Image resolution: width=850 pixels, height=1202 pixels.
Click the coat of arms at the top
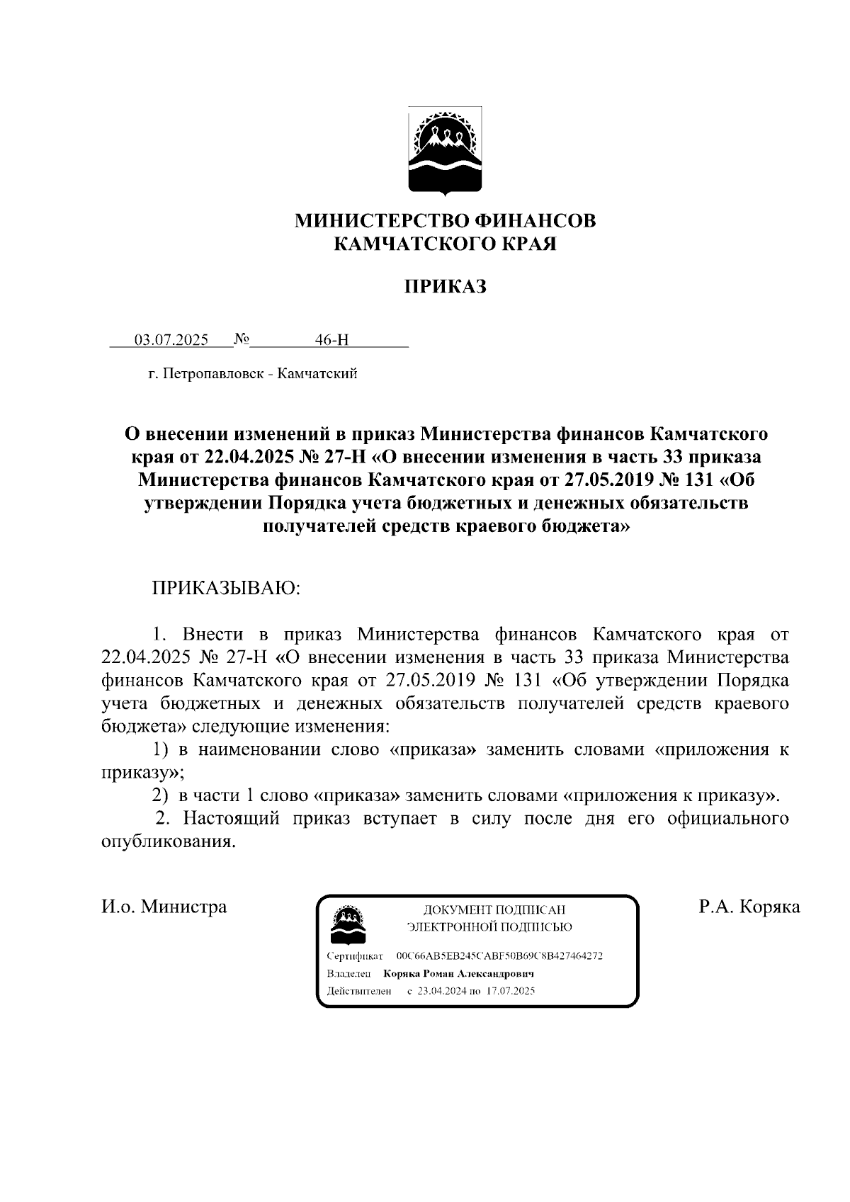click(445, 151)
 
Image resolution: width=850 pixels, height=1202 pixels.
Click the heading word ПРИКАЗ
click(445, 287)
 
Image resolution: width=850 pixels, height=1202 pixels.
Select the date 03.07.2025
click(171, 340)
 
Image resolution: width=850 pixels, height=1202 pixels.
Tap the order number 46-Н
click(332, 340)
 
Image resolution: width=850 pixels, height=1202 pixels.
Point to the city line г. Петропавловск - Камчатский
click(252, 373)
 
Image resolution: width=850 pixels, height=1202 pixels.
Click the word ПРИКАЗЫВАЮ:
click(225, 589)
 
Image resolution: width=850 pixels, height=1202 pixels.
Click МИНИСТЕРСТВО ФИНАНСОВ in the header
click(445, 221)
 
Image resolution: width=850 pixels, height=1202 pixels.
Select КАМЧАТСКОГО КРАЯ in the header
click(445, 244)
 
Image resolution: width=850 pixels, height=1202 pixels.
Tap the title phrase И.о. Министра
click(164, 907)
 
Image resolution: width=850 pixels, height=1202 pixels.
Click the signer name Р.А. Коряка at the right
click(749, 907)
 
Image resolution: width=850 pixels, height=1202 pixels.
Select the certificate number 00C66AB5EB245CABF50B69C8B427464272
click(499, 956)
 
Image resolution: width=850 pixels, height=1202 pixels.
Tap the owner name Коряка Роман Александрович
click(458, 973)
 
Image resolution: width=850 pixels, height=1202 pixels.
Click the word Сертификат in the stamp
click(355, 956)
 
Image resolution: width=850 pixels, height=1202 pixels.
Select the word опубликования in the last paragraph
click(168, 842)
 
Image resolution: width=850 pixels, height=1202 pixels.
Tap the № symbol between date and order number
click(241, 339)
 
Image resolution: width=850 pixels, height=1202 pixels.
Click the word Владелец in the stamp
click(350, 973)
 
